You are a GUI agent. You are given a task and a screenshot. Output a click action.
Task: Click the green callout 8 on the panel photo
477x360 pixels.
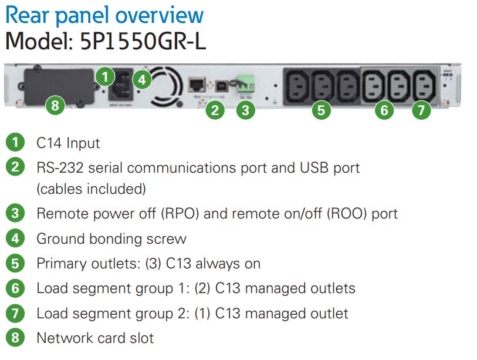tap(55, 106)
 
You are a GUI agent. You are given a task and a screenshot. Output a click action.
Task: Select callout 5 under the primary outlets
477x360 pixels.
tap(320, 110)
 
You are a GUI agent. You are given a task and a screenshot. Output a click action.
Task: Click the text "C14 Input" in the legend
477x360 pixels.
tap(68, 143)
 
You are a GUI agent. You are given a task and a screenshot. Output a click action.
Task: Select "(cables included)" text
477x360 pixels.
tap(91, 189)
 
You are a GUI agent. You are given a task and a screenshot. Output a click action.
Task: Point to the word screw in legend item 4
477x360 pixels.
tap(167, 239)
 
